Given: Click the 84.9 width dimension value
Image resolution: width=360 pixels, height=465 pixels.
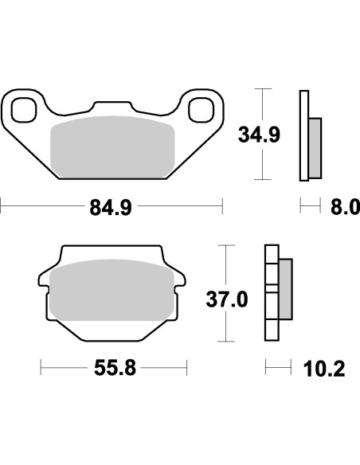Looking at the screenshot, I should [x=112, y=209].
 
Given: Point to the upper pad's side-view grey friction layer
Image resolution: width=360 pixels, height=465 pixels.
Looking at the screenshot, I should [x=315, y=147].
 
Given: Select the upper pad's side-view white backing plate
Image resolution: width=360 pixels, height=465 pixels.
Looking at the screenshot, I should [x=303, y=135].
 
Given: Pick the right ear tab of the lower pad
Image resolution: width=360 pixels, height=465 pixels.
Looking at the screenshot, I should [x=182, y=279].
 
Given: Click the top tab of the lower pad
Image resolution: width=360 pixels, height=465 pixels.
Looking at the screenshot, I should [x=112, y=252].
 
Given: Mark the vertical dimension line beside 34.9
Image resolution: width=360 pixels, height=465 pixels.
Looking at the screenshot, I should [x=264, y=135].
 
